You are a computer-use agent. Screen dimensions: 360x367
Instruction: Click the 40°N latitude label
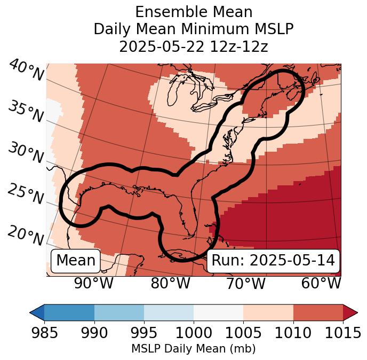(26, 71)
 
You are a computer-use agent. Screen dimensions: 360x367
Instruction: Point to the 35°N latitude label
(26, 112)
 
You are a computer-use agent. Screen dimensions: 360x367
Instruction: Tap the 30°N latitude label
(26, 153)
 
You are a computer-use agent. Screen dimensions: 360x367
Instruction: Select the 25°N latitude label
(26, 194)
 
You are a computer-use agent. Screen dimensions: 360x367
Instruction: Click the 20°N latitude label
(26, 235)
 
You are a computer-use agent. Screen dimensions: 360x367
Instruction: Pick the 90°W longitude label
(94, 283)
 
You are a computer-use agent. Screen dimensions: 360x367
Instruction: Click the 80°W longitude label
(170, 283)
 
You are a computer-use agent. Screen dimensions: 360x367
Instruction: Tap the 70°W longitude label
(246, 283)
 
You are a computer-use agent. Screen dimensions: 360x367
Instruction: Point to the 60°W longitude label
(321, 283)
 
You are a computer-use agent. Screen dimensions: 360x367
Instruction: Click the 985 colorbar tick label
(45, 333)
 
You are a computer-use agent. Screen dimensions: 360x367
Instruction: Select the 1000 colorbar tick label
(194, 333)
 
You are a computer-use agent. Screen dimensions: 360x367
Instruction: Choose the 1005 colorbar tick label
(243, 333)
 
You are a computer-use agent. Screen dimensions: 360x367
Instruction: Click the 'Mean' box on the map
(76, 261)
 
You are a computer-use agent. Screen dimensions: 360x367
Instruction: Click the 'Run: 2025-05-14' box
(273, 261)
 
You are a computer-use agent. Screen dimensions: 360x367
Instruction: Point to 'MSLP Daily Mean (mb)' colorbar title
(194, 349)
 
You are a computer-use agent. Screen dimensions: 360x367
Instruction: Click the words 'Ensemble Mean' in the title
(194, 12)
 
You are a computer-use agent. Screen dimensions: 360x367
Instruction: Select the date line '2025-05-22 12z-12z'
(194, 46)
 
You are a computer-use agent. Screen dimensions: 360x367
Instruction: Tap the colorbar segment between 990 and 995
(119, 312)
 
